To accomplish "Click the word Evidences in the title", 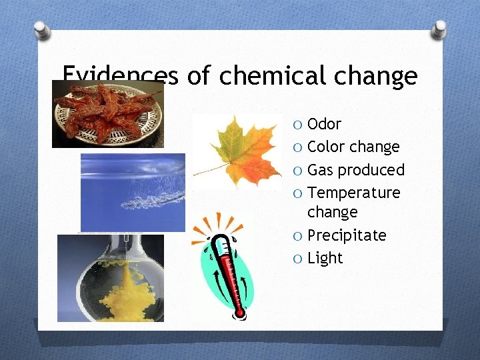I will (120, 76).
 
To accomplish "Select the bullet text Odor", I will (324, 124).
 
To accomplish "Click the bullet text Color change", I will (353, 147).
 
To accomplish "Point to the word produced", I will (371, 170).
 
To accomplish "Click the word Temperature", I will (354, 193).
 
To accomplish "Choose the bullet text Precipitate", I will (347, 235).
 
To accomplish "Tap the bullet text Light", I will (325, 258).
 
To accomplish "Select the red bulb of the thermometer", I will (239, 310).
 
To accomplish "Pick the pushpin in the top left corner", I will (41, 31).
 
